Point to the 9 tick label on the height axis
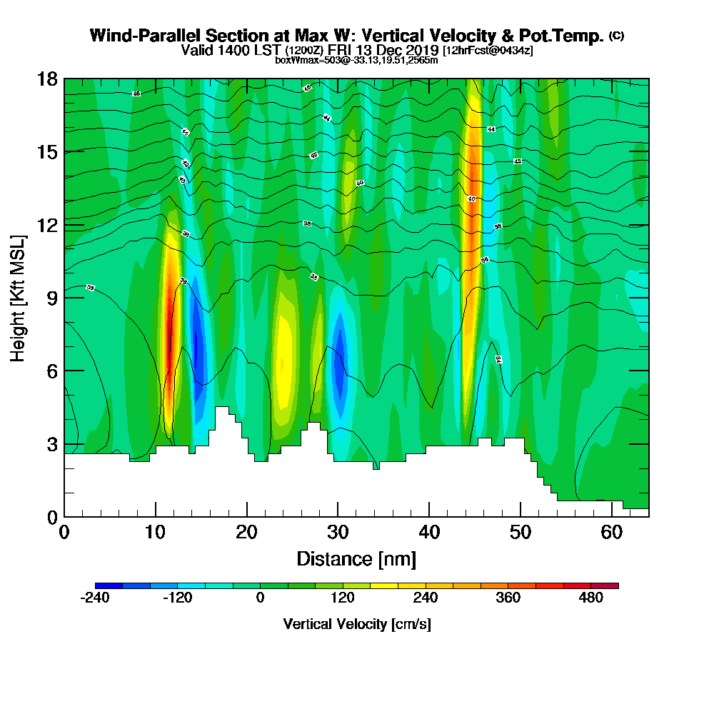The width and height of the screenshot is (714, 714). click(x=51, y=298)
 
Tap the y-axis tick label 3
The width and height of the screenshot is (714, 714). click(x=51, y=444)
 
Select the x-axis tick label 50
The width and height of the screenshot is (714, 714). click(x=521, y=532)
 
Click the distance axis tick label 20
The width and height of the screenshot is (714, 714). click(x=246, y=532)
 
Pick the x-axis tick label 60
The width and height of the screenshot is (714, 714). click(x=612, y=532)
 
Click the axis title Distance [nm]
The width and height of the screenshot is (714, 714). click(x=356, y=558)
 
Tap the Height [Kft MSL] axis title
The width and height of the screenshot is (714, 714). click(x=18, y=298)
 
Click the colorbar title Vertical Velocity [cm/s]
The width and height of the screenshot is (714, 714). click(x=356, y=624)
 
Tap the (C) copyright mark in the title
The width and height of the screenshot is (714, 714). click(x=616, y=36)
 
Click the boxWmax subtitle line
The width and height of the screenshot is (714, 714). click(x=356, y=60)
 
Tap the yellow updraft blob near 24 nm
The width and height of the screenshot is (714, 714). click(x=283, y=357)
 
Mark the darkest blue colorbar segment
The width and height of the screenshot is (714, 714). click(x=109, y=585)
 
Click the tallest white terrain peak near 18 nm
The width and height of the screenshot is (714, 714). click(x=222, y=421)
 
